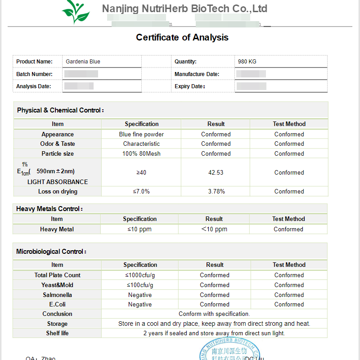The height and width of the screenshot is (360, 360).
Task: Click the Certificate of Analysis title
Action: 182,38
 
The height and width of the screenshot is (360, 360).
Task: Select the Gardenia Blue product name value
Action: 83,62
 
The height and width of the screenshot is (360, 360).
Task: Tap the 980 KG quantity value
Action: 247,62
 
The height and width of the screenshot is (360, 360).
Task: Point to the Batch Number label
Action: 34,74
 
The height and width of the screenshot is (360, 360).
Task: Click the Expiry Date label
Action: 190,86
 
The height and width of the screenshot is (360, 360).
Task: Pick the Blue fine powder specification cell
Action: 141,135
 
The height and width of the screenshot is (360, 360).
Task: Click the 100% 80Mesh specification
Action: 141,154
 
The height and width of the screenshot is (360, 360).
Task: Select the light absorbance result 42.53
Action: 216,173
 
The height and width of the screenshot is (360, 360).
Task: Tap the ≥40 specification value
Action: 141,173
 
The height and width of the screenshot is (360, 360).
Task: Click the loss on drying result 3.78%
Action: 216,192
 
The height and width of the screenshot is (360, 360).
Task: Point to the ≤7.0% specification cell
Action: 141,192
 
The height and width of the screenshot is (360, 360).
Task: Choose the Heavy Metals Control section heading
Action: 49,209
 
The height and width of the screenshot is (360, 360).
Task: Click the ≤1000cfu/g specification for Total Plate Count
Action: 140,275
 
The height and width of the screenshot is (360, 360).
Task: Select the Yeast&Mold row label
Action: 57,285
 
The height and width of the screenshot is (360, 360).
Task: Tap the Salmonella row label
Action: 57,295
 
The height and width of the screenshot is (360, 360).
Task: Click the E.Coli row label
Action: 57,305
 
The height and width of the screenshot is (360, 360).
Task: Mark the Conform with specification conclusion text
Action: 214,314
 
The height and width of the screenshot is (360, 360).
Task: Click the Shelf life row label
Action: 57,333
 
